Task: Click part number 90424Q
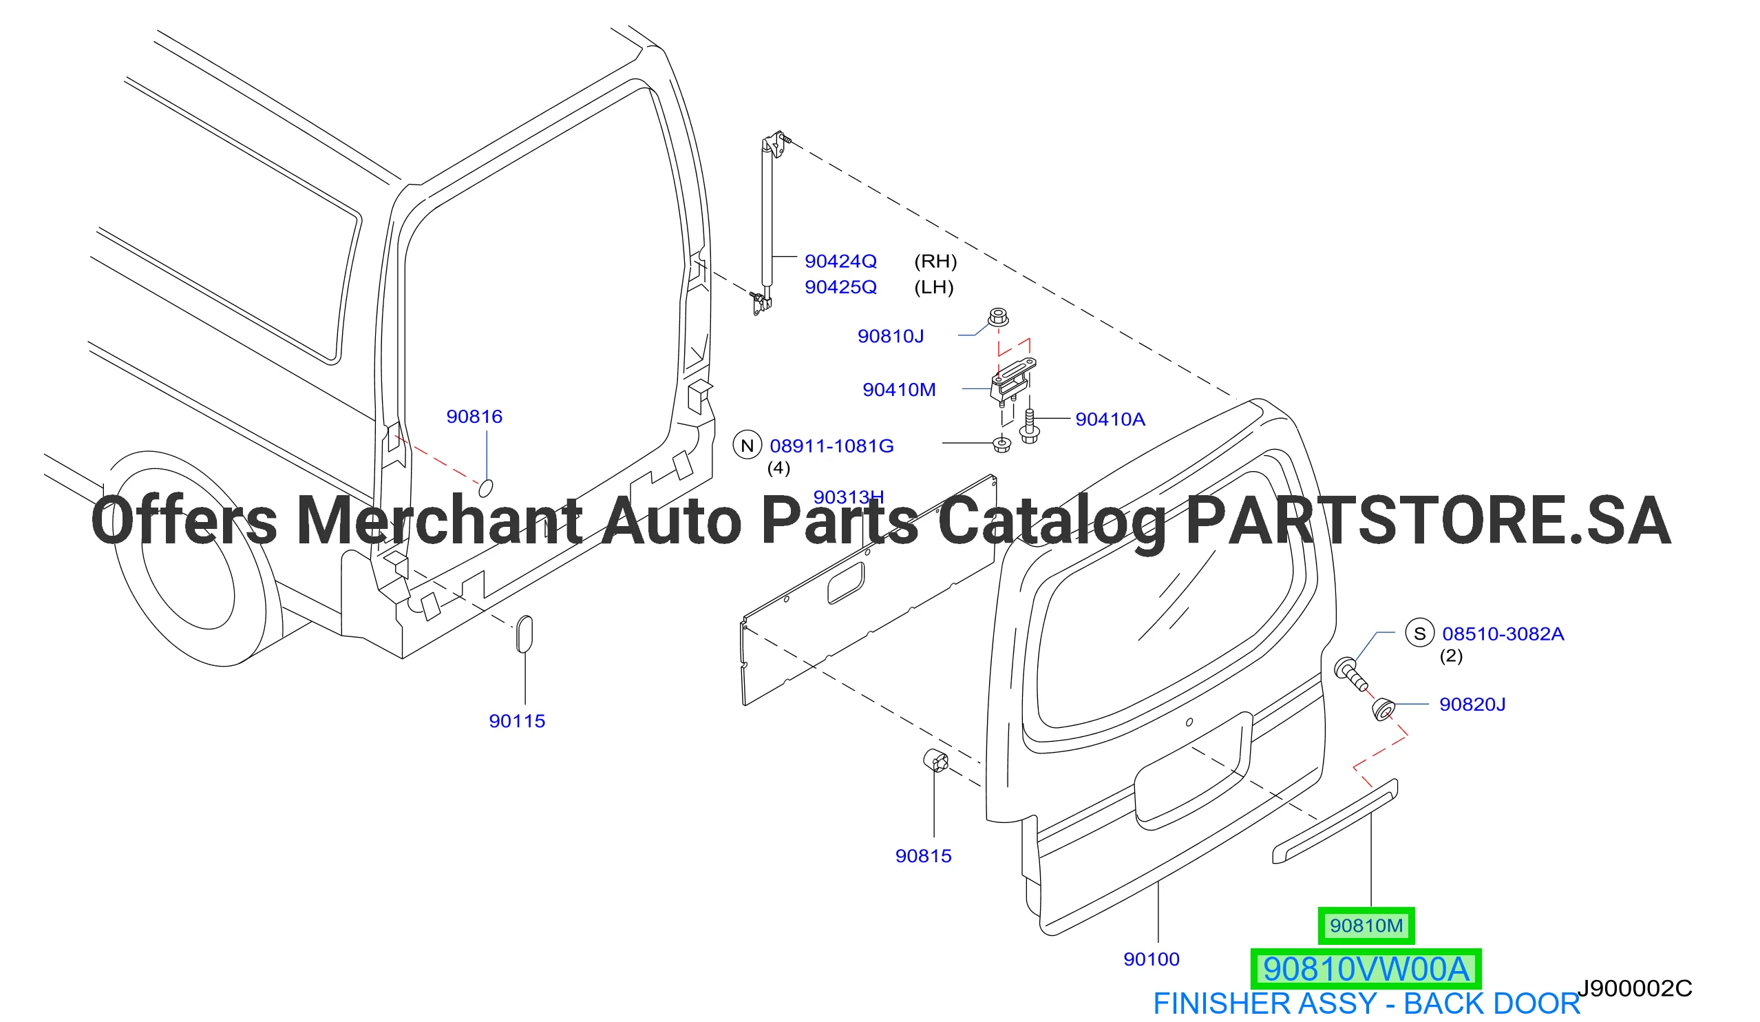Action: click(840, 261)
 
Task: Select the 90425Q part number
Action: click(840, 287)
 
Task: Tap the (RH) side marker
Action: click(935, 261)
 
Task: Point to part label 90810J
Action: click(891, 337)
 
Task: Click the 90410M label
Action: click(899, 390)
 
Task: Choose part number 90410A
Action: click(1110, 419)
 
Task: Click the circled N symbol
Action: click(748, 445)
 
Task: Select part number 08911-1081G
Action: click(831, 446)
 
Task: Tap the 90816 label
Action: click(474, 417)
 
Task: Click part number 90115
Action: click(517, 721)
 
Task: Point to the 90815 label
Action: click(923, 856)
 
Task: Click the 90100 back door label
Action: click(1151, 959)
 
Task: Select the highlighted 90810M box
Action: click(1366, 926)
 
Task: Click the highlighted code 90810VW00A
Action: click(1366, 969)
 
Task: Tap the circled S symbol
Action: click(1420, 633)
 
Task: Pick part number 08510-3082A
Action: click(1503, 634)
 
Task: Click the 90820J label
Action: click(1472, 704)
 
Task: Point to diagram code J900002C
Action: click(1634, 988)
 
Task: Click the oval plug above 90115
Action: click(524, 634)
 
